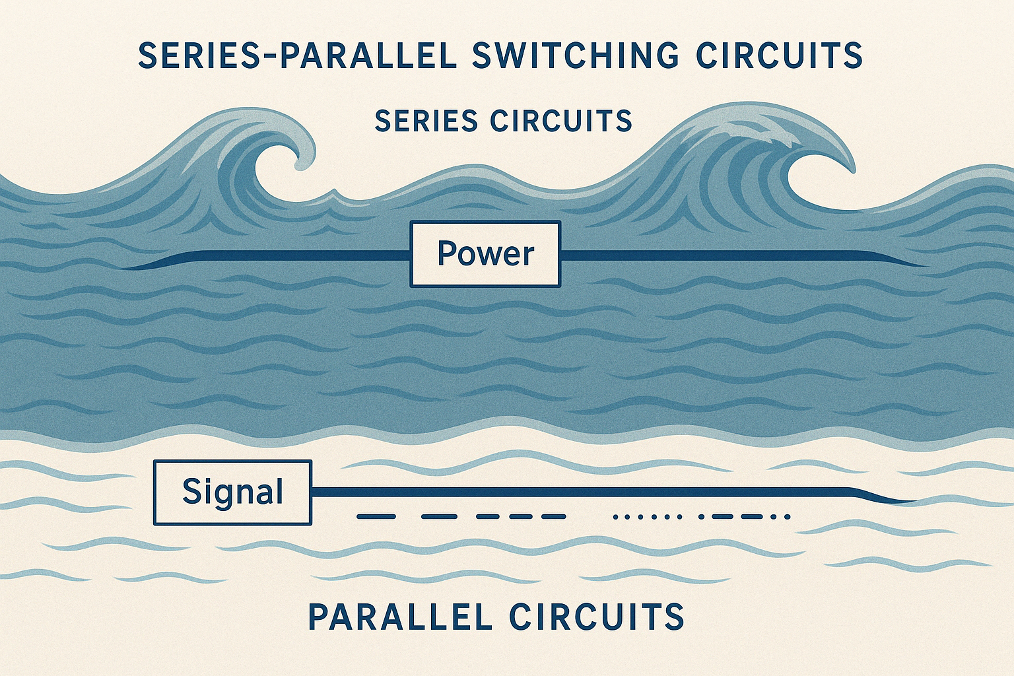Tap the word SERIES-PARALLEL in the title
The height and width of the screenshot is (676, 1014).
pyautogui.click(x=298, y=55)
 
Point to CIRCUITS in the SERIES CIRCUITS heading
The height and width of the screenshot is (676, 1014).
pyautogui.click(x=561, y=121)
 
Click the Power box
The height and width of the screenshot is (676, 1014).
pyautogui.click(x=485, y=254)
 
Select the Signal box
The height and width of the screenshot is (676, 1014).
pyautogui.click(x=232, y=492)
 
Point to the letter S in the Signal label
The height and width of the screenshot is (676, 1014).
pyautogui.click(x=191, y=492)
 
